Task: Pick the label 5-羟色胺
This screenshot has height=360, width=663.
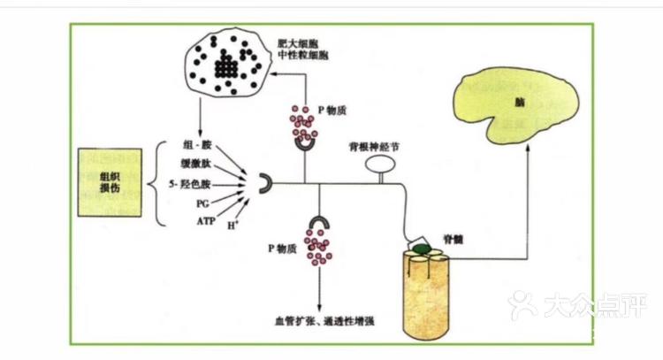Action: [x=190, y=183]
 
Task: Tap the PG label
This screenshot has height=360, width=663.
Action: [x=202, y=203]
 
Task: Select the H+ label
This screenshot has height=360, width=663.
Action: [x=234, y=226]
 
